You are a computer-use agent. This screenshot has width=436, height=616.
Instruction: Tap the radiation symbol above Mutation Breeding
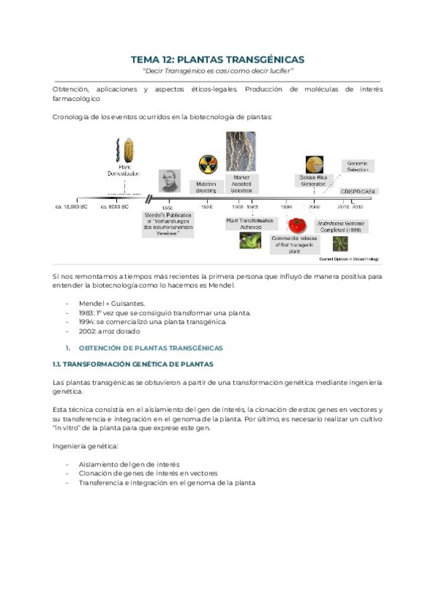pos(206,164)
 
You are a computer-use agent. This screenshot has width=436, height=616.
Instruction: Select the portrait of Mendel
pos(169,182)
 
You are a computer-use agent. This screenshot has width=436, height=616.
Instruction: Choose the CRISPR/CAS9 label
pos(358,190)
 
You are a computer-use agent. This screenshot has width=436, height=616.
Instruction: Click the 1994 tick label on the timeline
pos(287,207)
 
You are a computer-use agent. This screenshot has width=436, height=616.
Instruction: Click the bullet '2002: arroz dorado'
pos(109,331)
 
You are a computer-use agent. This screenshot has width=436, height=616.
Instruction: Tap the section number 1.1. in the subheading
pos(60,363)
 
